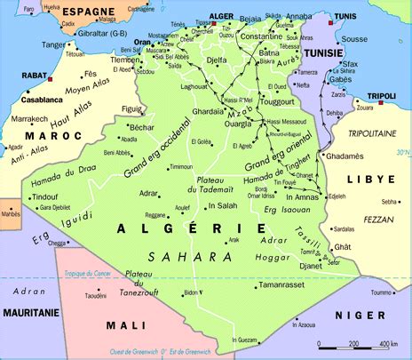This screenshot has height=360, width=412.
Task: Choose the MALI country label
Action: [x=125, y=325]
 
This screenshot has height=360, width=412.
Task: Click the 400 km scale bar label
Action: [x=386, y=343]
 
